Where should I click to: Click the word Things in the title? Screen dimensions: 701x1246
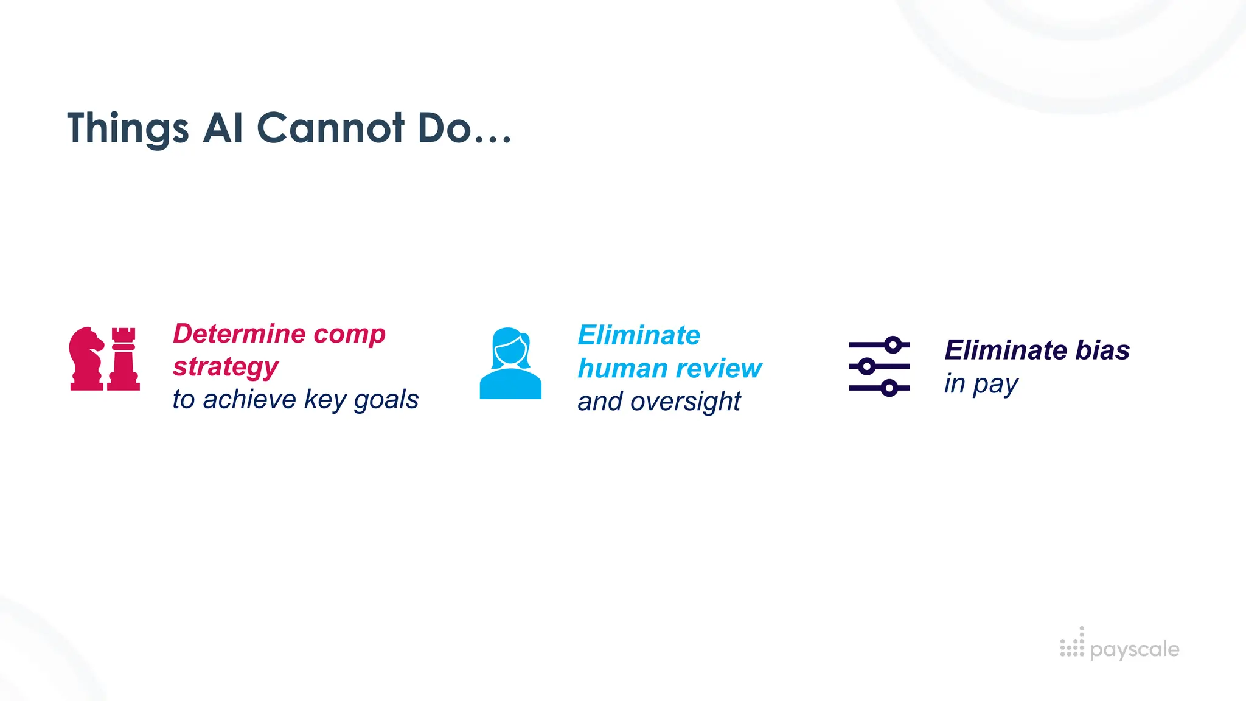click(x=128, y=128)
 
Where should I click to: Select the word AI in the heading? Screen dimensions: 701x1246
click(x=223, y=128)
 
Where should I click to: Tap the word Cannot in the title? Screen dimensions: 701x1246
click(x=330, y=128)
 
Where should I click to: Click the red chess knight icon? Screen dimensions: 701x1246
click(x=86, y=358)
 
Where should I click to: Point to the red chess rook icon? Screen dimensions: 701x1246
click(x=124, y=358)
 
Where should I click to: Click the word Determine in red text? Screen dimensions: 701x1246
click(x=238, y=333)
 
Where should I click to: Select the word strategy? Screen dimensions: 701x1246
click(x=226, y=367)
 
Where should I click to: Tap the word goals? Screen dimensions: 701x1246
click(x=386, y=400)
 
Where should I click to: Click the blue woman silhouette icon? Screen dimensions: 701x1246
click(x=510, y=363)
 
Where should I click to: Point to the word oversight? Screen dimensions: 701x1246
click(x=686, y=402)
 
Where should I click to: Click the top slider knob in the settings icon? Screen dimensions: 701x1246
click(x=893, y=345)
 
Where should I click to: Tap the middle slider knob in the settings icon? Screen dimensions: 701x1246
click(x=867, y=366)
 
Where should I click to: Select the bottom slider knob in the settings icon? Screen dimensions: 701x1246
click(x=889, y=388)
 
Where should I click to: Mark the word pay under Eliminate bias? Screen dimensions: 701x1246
click(x=995, y=385)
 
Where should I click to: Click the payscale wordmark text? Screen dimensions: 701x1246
click(x=1135, y=649)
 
